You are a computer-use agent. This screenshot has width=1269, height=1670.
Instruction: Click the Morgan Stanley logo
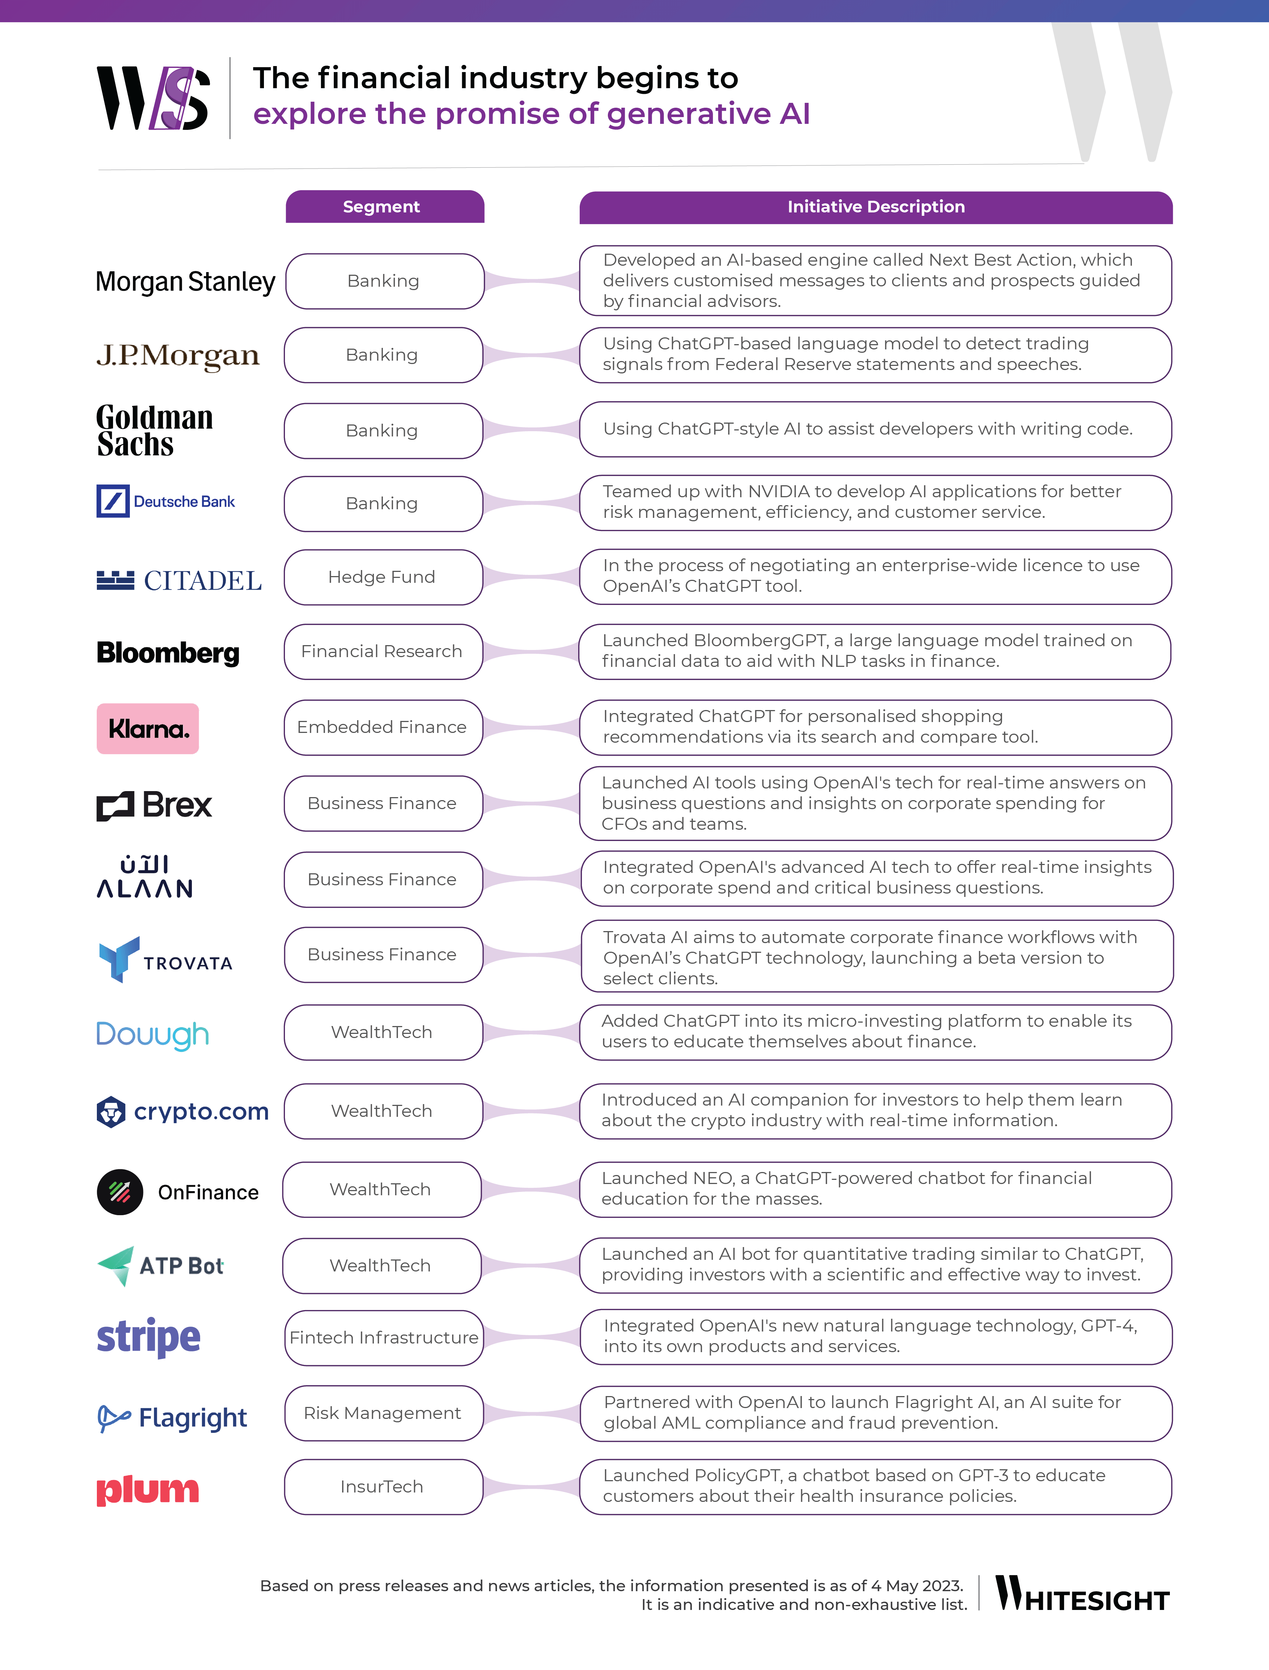pyautogui.click(x=185, y=281)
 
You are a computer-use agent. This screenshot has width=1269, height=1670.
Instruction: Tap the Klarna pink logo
pyautogui.click(x=148, y=728)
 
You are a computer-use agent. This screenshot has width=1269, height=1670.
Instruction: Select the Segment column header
pyautogui.click(x=384, y=207)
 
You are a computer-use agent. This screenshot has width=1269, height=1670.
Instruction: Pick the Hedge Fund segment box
pyautogui.click(x=383, y=577)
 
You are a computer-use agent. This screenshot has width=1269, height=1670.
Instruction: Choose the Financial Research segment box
pyautogui.click(x=383, y=651)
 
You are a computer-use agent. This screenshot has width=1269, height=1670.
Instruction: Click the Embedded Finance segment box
pyautogui.click(x=383, y=727)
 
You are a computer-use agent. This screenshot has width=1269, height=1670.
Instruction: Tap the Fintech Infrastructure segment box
pyautogui.click(x=384, y=1338)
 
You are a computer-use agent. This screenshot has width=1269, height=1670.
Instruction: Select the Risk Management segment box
pyautogui.click(x=384, y=1413)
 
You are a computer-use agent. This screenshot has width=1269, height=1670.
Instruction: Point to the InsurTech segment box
pyautogui.click(x=383, y=1486)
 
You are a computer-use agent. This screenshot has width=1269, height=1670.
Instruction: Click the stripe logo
pyautogui.click(x=149, y=1338)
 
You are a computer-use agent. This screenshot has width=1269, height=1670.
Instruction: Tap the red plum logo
pyautogui.click(x=148, y=1489)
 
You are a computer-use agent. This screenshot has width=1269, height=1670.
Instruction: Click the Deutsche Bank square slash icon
pyautogui.click(x=113, y=501)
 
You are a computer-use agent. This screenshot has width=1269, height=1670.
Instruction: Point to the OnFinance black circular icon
pyautogui.click(x=120, y=1192)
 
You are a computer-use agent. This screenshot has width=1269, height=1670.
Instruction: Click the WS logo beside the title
pyautogui.click(x=153, y=98)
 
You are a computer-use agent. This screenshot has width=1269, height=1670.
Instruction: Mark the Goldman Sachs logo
pyautogui.click(x=155, y=430)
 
